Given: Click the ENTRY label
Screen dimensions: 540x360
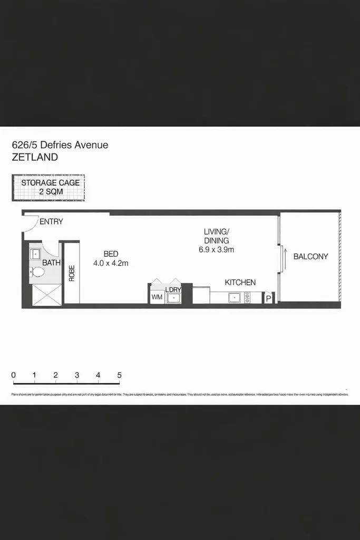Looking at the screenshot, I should [51, 221].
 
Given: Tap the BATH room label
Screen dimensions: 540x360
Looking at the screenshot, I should [51, 263].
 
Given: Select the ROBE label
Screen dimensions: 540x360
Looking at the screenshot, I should [72, 273].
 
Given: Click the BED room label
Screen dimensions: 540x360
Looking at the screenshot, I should [111, 254].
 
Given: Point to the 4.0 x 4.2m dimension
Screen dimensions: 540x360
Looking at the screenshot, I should [111, 263].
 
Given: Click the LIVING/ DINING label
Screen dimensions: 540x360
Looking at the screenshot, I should [217, 236].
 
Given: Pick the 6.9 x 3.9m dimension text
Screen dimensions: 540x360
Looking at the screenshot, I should [217, 249].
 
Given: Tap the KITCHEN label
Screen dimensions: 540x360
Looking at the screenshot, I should [240, 283].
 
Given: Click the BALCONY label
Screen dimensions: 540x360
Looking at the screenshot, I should [310, 257].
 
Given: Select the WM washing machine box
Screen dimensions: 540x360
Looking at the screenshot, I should [157, 297].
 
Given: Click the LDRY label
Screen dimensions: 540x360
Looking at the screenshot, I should [173, 290].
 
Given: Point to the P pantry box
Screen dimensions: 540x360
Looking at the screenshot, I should [268, 299].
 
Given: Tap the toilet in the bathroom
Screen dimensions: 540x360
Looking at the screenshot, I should [38, 273].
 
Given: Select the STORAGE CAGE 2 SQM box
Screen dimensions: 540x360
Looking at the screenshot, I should [48, 187].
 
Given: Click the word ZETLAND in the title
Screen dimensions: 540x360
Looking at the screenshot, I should [35, 157].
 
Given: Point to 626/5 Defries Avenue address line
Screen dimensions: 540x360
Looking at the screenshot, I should [60, 144].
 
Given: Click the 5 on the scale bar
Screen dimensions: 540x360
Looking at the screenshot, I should [120, 375].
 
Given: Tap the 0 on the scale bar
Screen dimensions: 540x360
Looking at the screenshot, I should [13, 375].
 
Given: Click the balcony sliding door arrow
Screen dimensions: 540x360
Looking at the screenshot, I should [285, 258].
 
